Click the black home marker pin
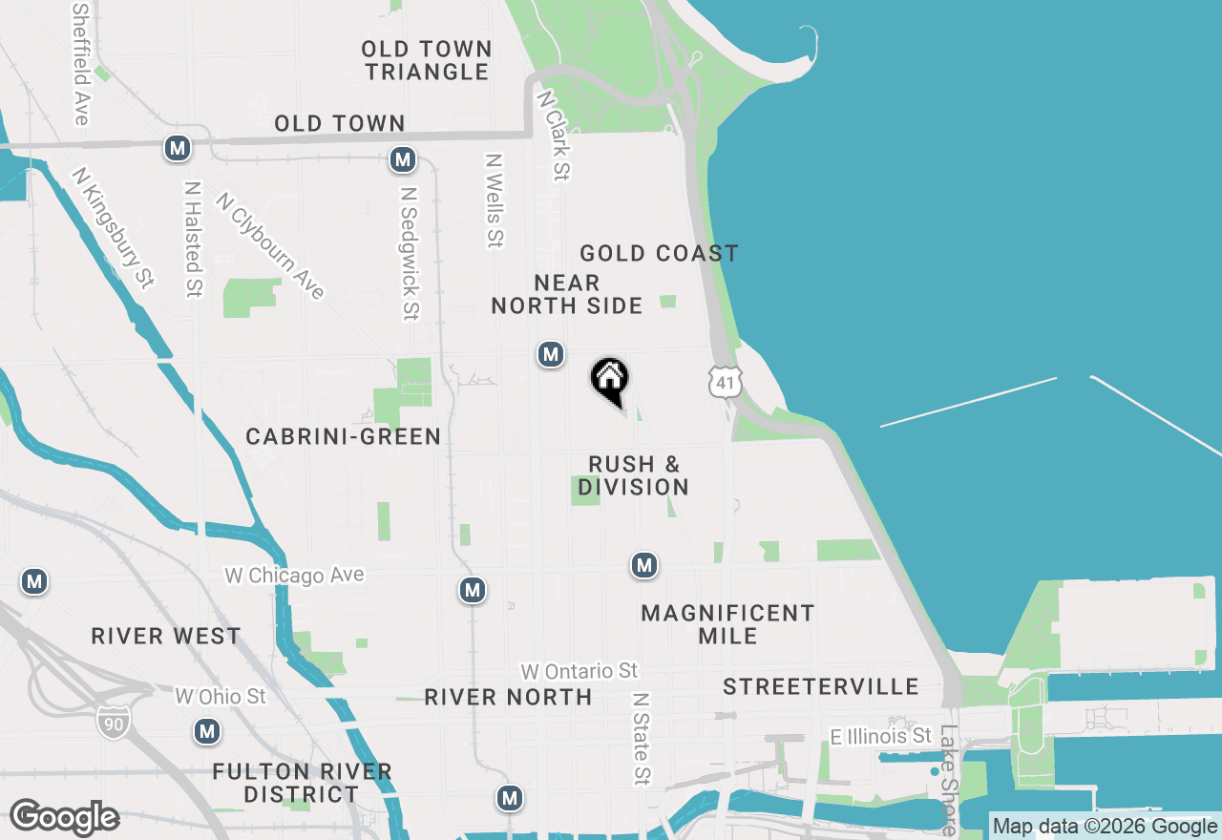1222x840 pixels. pos(609,380)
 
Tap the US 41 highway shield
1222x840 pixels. pos(725,383)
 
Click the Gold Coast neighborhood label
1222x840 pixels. pos(659,253)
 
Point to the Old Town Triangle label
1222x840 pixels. pos(428,60)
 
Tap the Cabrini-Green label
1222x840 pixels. pos(343,436)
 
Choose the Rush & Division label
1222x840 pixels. pos(633,475)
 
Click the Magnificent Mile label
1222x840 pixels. pos(727,624)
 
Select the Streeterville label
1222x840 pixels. pos(820,686)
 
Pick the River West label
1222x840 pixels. pos(166,637)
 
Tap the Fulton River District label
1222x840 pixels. pos(302,783)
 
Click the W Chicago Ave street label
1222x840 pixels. pos(294,576)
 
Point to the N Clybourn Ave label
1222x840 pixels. pos(270,246)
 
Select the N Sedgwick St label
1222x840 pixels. pos(410,253)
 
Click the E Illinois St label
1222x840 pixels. pos(880,736)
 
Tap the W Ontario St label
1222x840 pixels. pos(579,671)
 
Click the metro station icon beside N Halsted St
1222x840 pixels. pos(177,148)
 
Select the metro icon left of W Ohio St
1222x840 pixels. pos(206,732)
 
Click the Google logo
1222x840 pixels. pos(64,818)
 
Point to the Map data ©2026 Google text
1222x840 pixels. pos(1105,827)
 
